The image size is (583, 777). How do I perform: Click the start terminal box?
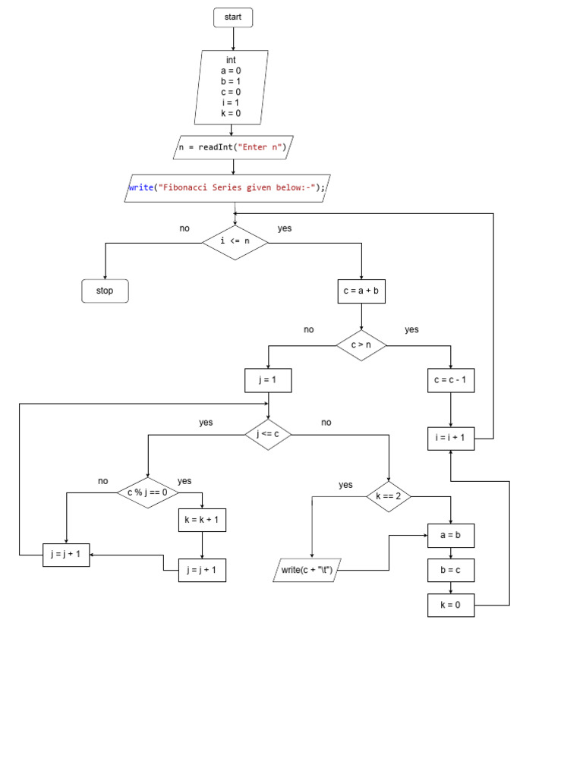click(x=233, y=17)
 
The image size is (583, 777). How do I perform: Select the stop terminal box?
click(x=105, y=291)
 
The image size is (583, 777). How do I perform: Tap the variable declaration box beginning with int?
click(x=232, y=87)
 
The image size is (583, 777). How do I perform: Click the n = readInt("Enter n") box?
click(x=232, y=147)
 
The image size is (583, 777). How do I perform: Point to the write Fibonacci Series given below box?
click(x=228, y=188)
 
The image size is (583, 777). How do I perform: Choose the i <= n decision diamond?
click(x=235, y=242)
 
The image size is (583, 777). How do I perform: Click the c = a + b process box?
click(x=361, y=291)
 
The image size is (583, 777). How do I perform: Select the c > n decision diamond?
click(x=361, y=345)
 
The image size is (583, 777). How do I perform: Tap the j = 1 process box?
click(x=268, y=380)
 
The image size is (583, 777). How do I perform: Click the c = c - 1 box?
click(x=451, y=380)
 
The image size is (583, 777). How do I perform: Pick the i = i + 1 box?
click(x=451, y=439)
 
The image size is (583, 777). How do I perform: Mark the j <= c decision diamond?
click(x=268, y=435)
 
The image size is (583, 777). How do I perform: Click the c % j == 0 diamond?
click(x=147, y=492)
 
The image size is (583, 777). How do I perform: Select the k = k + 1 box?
click(x=202, y=520)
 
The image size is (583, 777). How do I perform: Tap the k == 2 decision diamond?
click(x=389, y=497)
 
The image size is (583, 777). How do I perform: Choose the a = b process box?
click(x=451, y=536)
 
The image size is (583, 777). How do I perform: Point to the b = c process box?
click(x=451, y=570)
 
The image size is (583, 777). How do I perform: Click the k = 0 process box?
click(x=451, y=605)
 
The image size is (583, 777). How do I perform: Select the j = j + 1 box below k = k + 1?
click(x=202, y=570)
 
